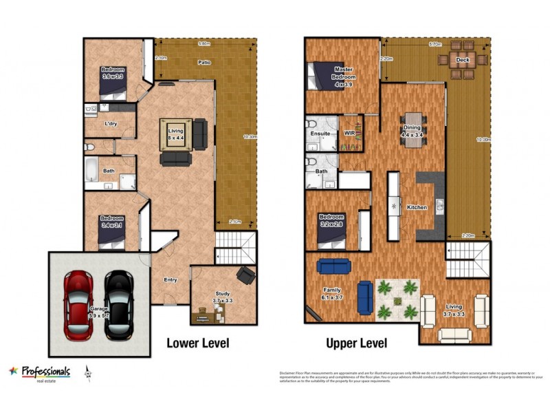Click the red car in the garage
(78, 304)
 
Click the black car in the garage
(119, 304)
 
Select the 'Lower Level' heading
(197, 343)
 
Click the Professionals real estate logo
(39, 372)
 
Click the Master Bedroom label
(343, 73)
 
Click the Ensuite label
(320, 133)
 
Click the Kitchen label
(417, 207)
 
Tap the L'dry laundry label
(110, 124)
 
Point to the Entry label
(170, 279)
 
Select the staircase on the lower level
(234, 248)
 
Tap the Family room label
(332, 295)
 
